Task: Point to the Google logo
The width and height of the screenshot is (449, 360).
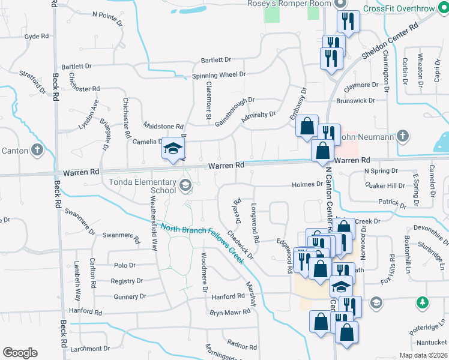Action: pyautogui.click(x=20, y=353)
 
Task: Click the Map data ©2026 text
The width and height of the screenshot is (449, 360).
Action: pyautogui.click(x=424, y=355)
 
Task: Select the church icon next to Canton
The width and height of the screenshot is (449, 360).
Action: pyautogui.click(x=38, y=149)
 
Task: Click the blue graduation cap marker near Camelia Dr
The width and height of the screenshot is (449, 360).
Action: pyautogui.click(x=173, y=149)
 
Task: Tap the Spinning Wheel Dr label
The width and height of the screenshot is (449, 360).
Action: pyautogui.click(x=218, y=75)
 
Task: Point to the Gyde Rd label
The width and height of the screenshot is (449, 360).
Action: pyautogui.click(x=37, y=37)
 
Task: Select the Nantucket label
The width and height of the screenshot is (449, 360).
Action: pyautogui.click(x=432, y=342)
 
